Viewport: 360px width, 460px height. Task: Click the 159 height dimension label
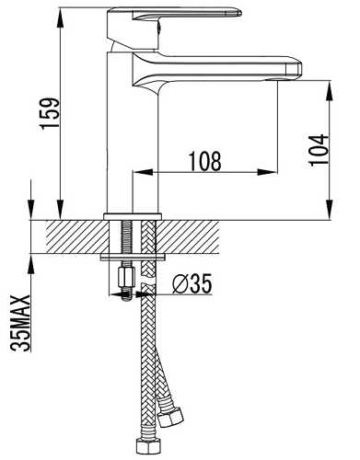pyautogui.click(x=51, y=113)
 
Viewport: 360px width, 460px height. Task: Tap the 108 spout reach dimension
pyautogui.click(x=204, y=162)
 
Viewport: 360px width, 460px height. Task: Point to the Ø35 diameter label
pyautogui.click(x=192, y=283)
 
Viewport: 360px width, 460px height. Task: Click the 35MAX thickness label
pyautogui.click(x=20, y=323)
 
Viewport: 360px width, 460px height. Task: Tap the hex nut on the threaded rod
pyautogui.click(x=126, y=276)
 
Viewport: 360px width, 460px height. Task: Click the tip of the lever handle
pyautogui.click(x=239, y=13)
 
